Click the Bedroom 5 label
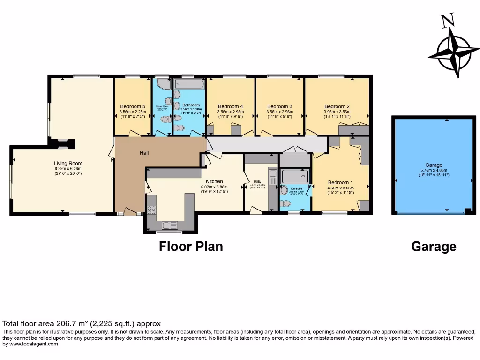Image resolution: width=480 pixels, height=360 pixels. tap(133, 106)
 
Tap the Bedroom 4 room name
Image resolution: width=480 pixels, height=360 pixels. tap(230, 106)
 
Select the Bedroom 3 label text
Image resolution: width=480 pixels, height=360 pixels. tap(280, 106)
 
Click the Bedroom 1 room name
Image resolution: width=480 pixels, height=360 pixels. tap(341, 182)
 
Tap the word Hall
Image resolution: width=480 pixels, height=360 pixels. tap(144, 153)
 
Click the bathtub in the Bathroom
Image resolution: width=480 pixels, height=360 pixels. tap(189, 84)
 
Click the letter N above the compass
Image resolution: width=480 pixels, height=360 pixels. tap(448, 21)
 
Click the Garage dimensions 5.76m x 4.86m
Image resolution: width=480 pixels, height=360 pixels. tap(434, 170)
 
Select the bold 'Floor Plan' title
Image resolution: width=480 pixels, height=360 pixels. tap(191, 246)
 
